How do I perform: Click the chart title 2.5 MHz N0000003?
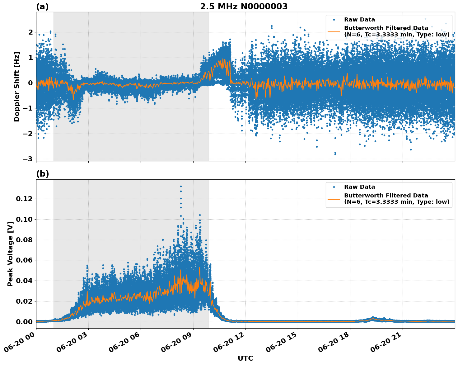click(244, 7)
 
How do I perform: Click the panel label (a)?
click(42, 7)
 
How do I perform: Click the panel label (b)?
click(42, 174)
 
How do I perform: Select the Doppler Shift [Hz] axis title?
click(17, 87)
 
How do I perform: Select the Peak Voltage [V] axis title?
click(10, 254)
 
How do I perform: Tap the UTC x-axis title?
click(245, 358)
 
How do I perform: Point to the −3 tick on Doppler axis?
click(28, 159)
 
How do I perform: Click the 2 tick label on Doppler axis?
click(30, 32)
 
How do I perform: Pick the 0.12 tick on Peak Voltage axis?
click(26, 199)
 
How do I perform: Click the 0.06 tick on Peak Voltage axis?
click(26, 260)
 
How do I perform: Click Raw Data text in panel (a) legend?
click(359, 20)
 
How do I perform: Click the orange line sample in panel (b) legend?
click(334, 199)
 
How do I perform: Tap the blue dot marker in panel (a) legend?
click(334, 20)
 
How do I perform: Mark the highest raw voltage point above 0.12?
click(181, 186)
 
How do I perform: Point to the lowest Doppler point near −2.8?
click(335, 154)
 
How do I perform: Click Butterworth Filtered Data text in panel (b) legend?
click(386, 196)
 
